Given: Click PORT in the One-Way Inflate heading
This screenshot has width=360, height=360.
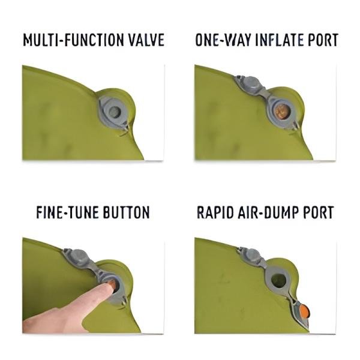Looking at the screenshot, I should [325, 41].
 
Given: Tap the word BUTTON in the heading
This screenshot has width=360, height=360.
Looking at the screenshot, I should [128, 213].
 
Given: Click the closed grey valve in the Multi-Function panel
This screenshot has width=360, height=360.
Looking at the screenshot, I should [113, 112].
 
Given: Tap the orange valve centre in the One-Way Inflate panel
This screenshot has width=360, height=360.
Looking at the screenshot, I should [280, 112].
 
